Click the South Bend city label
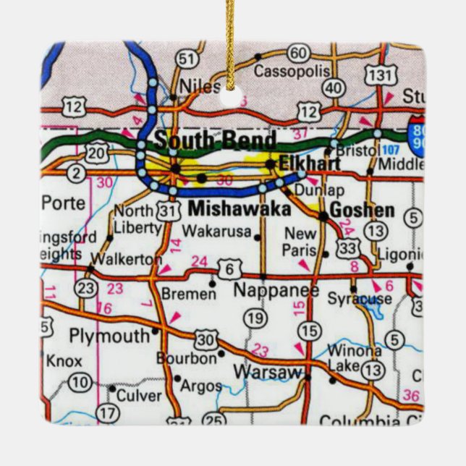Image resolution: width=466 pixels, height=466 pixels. [x=215, y=140]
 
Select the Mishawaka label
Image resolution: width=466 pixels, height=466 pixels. [x=239, y=209]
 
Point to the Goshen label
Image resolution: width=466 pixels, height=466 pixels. [x=362, y=211]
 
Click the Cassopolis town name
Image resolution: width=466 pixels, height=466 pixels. [x=292, y=72]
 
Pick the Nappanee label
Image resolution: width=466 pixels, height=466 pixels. [x=275, y=290]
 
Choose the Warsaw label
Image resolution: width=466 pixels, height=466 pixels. [x=267, y=372]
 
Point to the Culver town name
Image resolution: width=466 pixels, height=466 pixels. [x=139, y=395]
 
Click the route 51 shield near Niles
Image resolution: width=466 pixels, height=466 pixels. [x=187, y=59]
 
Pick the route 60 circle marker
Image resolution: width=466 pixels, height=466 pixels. [x=297, y=53]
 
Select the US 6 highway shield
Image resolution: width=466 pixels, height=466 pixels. [x=229, y=269]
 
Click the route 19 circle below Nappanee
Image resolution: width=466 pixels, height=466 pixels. [x=254, y=318]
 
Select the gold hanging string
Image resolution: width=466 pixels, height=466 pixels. [x=231, y=36]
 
